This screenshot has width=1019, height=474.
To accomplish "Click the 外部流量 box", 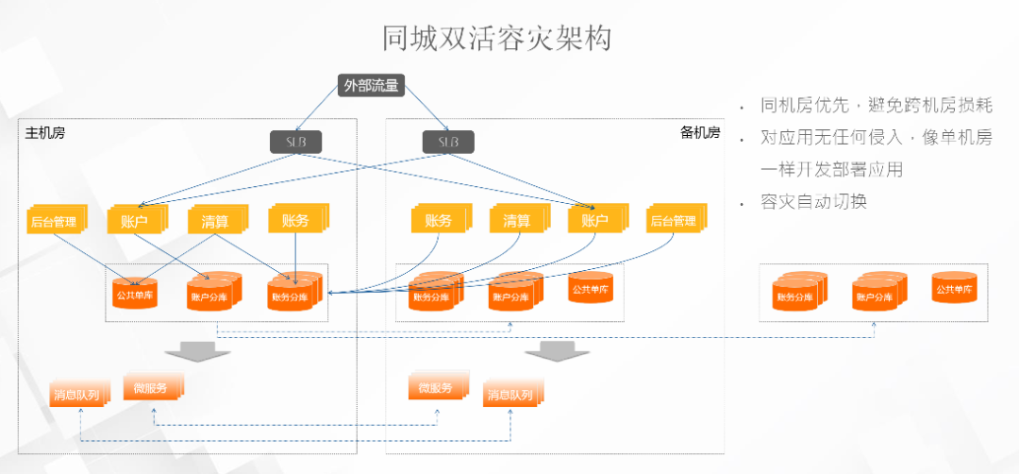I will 371,86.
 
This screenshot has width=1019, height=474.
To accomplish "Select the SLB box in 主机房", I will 296,142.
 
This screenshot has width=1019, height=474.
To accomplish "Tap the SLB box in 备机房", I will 447,142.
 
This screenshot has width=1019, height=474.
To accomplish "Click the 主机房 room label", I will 44,132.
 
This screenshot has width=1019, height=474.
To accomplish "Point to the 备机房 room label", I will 700,132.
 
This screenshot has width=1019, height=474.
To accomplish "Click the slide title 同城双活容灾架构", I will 497,39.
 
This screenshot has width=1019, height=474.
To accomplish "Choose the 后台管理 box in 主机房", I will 53,222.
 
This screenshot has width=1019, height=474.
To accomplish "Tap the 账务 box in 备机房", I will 439,221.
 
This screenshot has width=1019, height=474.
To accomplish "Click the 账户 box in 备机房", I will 594,221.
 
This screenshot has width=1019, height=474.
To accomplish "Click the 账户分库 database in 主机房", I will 210,295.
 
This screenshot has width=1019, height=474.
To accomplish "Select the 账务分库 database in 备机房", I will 434,295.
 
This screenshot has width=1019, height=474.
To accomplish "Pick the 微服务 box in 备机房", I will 436,387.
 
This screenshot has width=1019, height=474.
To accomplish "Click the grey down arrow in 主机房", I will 197,350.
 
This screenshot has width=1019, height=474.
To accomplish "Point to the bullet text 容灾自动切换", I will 813,202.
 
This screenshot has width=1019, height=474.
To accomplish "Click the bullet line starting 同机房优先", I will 877,106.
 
